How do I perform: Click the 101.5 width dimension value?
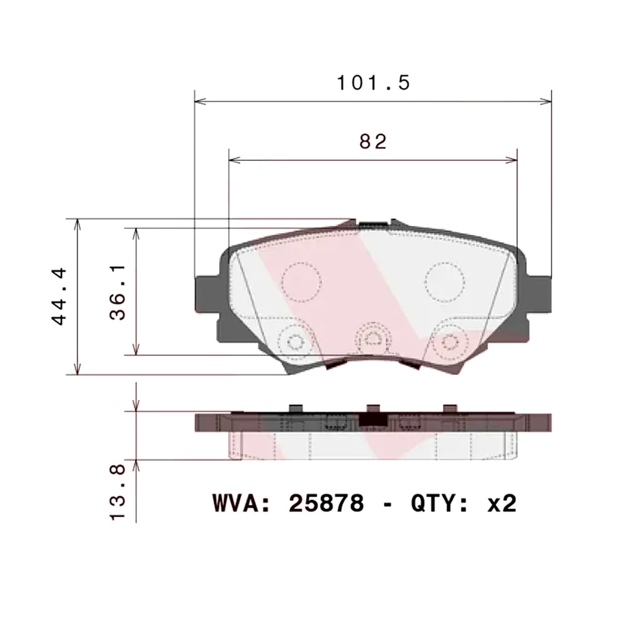(x=373, y=83)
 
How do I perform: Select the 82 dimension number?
(x=373, y=142)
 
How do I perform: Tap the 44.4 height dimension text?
(x=60, y=296)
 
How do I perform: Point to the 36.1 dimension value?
(x=117, y=292)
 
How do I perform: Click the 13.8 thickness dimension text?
(x=117, y=492)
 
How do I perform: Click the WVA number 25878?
(x=326, y=503)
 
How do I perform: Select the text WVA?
(x=242, y=503)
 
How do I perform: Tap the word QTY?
(x=439, y=503)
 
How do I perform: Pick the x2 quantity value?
(x=502, y=503)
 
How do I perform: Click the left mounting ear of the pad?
(x=207, y=294)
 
